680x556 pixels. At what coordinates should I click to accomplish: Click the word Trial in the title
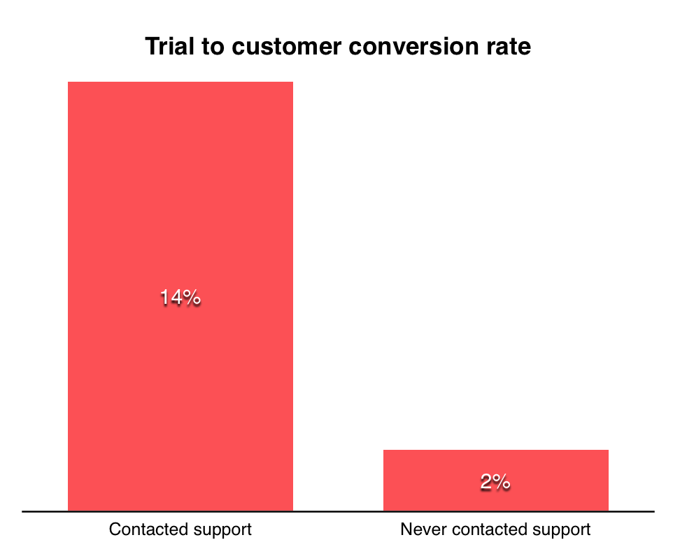pyautogui.click(x=166, y=47)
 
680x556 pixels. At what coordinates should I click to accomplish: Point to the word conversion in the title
pyautogui.click(x=405, y=47)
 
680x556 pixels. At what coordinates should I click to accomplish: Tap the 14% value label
pyautogui.click(x=180, y=298)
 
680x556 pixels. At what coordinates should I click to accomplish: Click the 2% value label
pyautogui.click(x=495, y=482)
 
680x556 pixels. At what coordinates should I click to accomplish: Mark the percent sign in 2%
pyautogui.click(x=502, y=482)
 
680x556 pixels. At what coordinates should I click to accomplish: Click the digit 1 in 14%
pyautogui.click(x=165, y=298)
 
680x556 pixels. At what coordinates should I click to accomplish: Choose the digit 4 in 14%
pyautogui.click(x=176, y=298)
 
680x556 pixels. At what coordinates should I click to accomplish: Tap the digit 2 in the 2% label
pyautogui.click(x=486, y=482)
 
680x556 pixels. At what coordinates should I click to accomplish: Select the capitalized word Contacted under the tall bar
pyautogui.click(x=143, y=529)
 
